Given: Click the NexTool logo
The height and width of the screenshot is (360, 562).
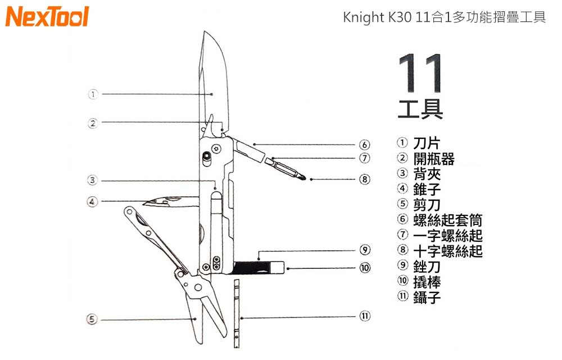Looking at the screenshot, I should click(47, 17).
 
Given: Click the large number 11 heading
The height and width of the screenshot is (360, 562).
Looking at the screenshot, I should click(420, 74).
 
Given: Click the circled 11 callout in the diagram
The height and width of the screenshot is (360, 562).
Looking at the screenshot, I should click(365, 316).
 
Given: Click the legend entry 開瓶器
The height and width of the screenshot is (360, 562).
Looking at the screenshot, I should click(434, 159).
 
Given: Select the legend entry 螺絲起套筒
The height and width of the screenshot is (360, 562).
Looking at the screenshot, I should click(447, 220).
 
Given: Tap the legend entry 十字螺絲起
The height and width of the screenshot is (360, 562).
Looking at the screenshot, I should click(447, 251).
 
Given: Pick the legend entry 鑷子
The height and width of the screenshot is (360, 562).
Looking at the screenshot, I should click(427, 298).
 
